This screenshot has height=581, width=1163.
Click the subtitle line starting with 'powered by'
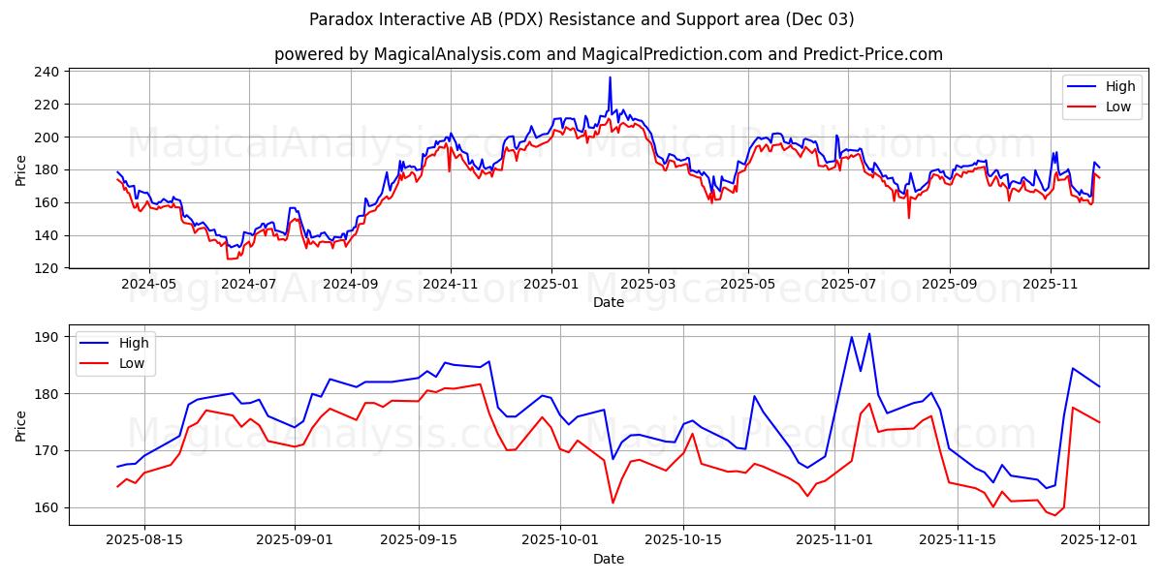608,54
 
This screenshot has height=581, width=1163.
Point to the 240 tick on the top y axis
49,72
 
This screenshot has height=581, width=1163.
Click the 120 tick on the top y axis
49,268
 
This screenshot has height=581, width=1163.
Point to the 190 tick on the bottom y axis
49,337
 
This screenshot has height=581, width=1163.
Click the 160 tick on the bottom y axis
49,507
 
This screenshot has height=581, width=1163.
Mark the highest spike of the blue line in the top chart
610,77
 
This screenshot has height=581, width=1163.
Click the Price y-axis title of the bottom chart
21,425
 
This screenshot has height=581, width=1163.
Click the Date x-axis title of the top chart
608,303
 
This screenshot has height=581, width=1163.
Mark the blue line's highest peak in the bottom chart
868,334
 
